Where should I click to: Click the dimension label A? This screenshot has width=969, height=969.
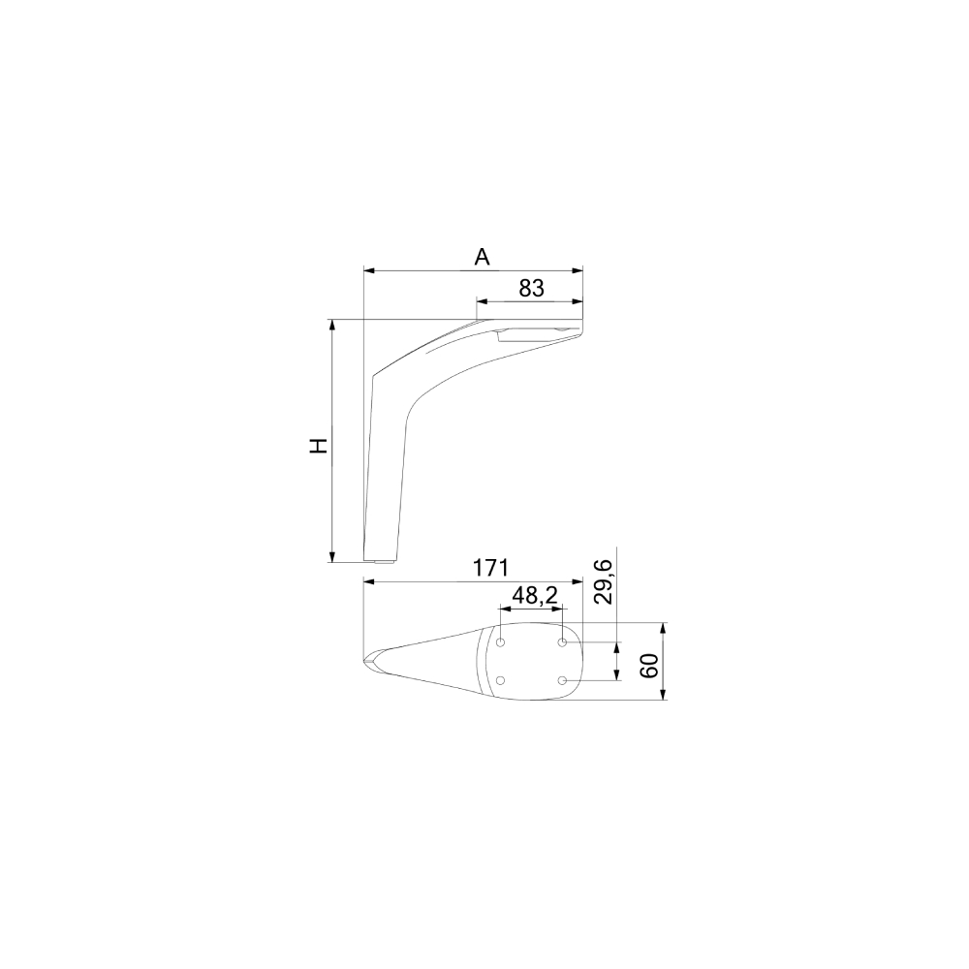(482, 257)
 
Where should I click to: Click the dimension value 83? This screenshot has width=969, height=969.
(531, 288)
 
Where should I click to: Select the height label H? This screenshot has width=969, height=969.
(318, 446)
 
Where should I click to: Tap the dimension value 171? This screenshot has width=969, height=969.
(490, 567)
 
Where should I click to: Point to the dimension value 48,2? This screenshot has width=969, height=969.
(535, 595)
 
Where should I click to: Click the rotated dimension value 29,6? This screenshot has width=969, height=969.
(603, 581)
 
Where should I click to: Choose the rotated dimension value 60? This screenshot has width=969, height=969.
(649, 666)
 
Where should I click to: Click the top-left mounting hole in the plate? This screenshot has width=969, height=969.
(501, 642)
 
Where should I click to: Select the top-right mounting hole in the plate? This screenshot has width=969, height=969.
(562, 642)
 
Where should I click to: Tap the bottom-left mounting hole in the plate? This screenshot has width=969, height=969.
(501, 680)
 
